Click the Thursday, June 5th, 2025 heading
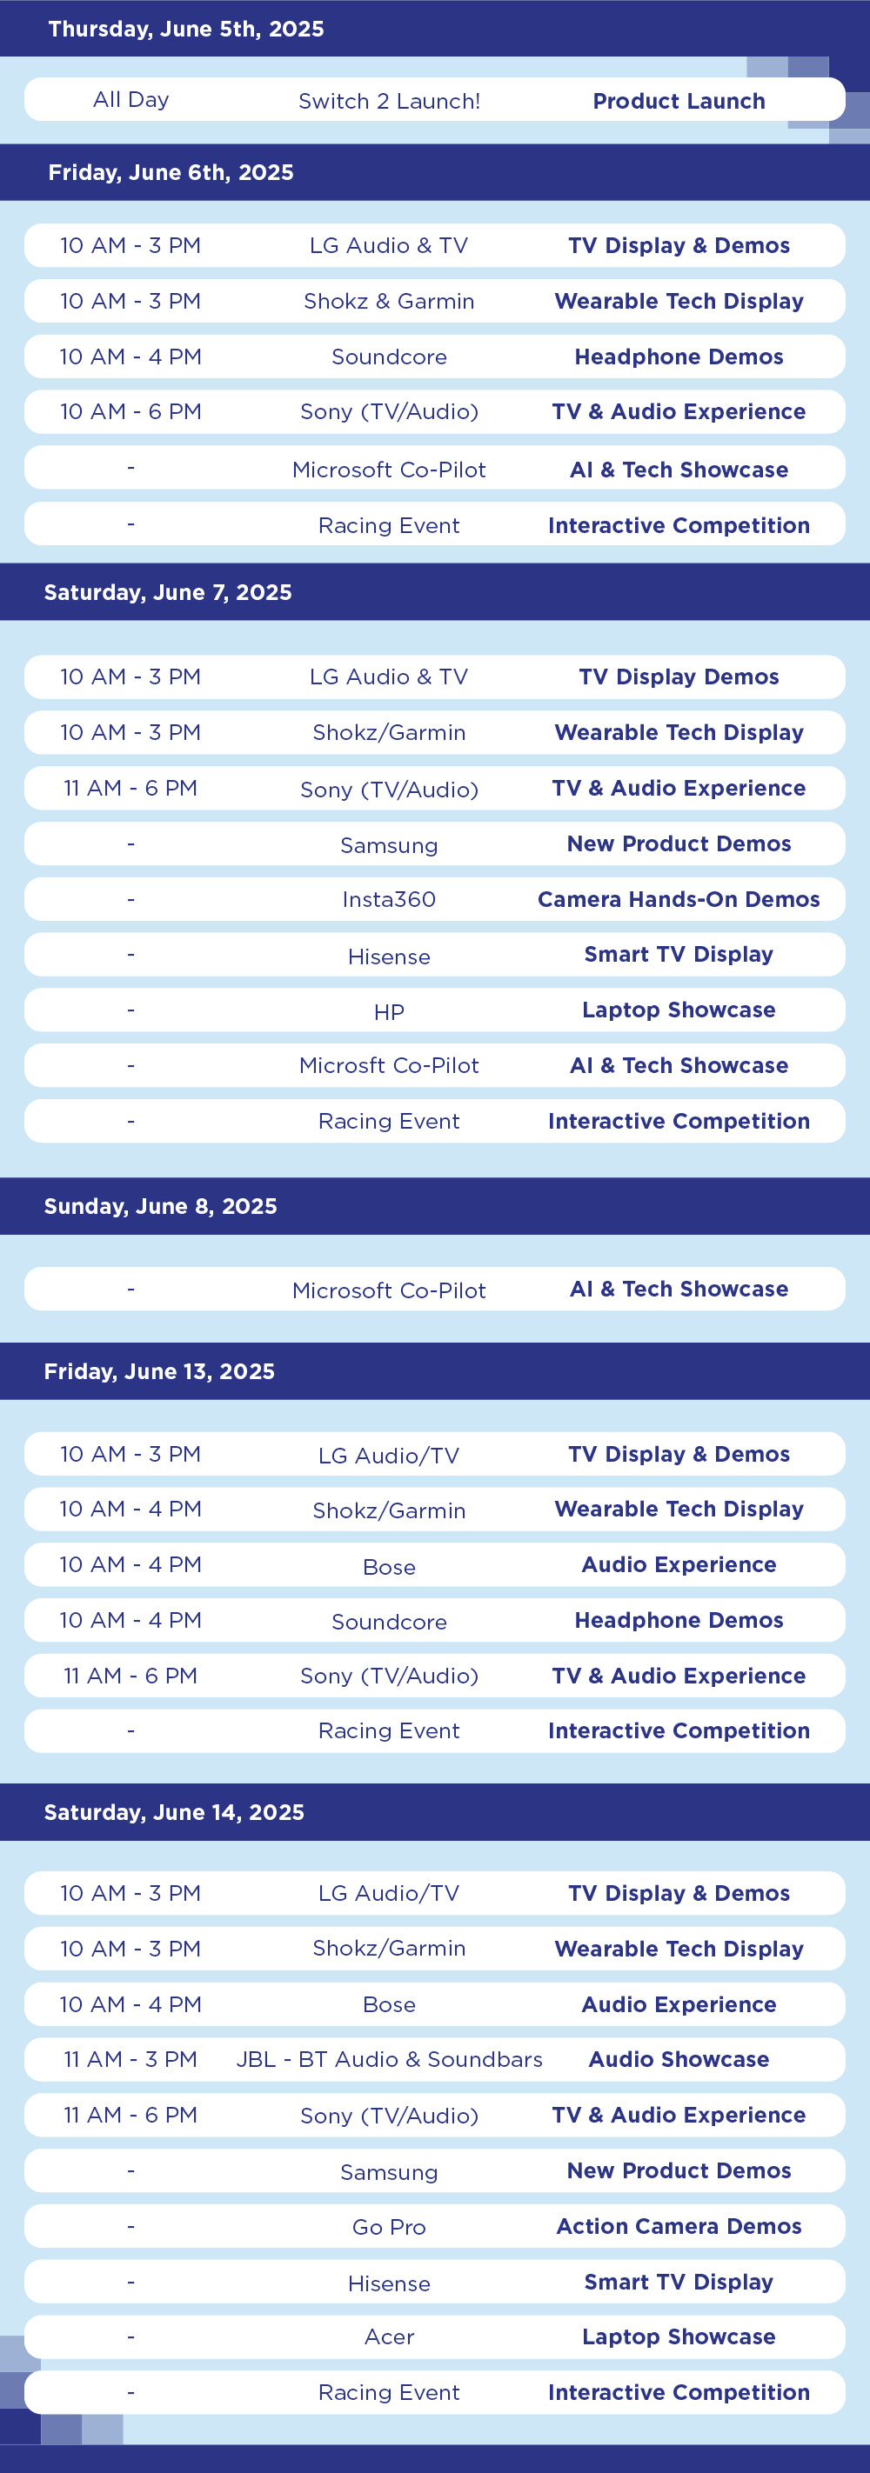tap(186, 29)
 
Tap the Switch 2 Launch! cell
tap(389, 101)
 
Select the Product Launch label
tap(679, 101)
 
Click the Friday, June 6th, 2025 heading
tap(171, 173)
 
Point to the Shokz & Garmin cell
tap(389, 302)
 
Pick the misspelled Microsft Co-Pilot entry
tap(389, 1065)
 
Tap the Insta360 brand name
tap(389, 899)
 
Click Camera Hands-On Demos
tap(679, 899)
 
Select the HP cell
tap(389, 1012)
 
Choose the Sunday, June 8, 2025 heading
tap(160, 1207)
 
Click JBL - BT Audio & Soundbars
tap(389, 2059)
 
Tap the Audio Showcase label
tap(679, 2059)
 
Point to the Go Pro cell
tap(389, 2227)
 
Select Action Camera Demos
tap(679, 2226)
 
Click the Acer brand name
tap(389, 2336)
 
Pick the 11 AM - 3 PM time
tap(130, 2059)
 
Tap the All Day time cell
tap(130, 100)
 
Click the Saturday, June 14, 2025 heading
tap(174, 1812)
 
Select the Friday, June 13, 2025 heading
tap(159, 1372)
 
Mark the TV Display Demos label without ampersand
tap(679, 677)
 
